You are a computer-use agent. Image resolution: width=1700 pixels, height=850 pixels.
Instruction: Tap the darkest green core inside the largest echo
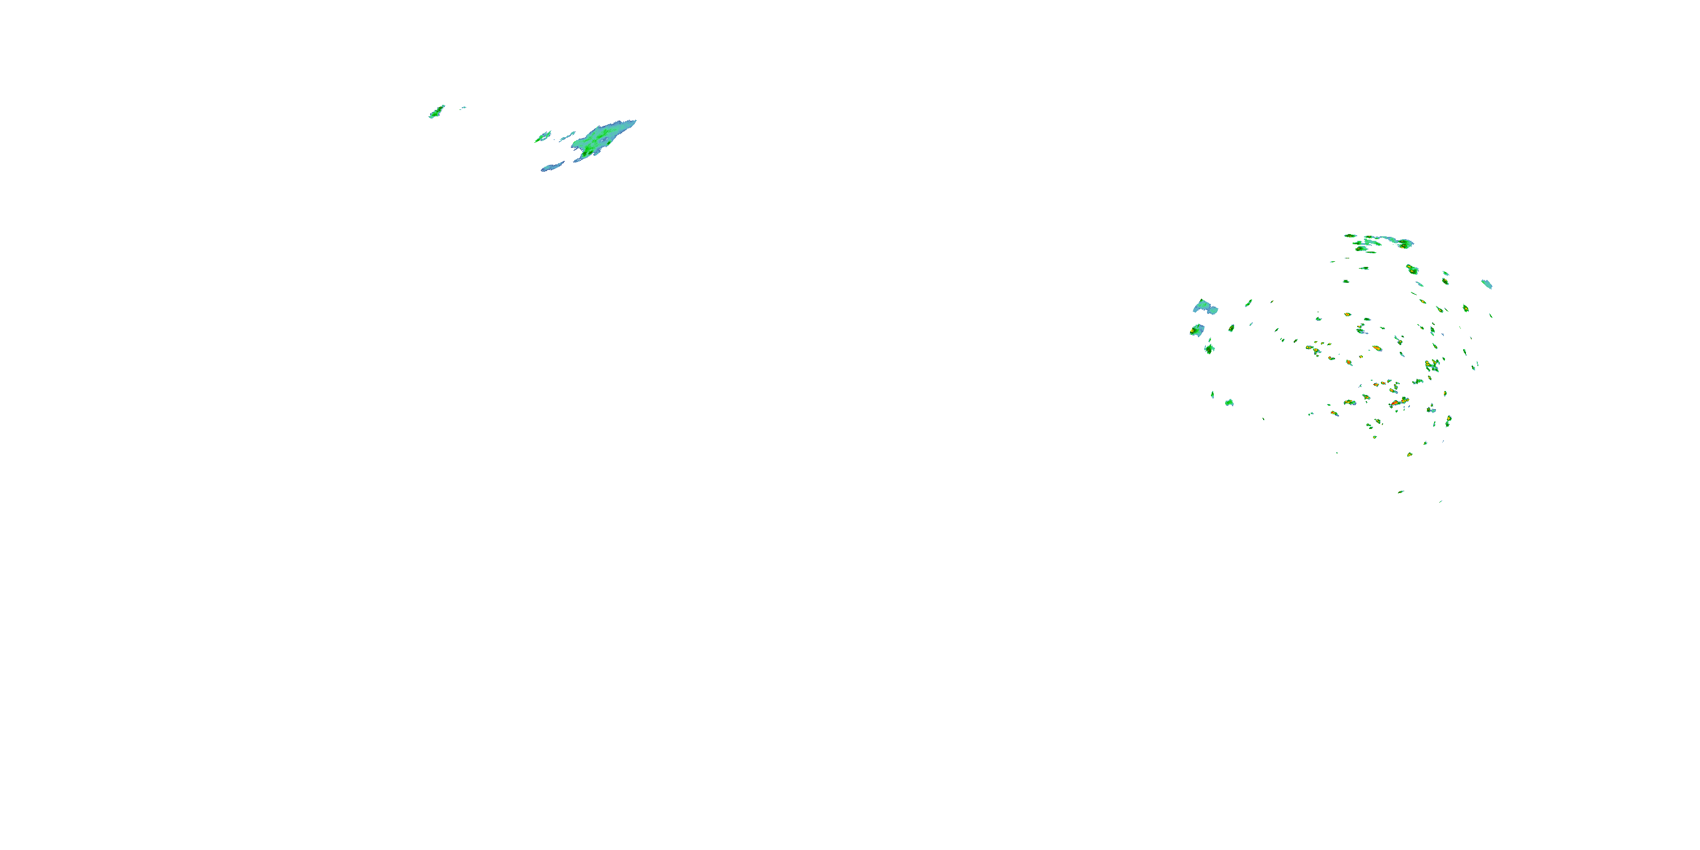click(585, 153)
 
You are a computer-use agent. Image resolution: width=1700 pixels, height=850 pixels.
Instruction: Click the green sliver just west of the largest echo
click(542, 137)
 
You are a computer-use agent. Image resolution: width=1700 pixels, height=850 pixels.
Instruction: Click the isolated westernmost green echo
click(436, 112)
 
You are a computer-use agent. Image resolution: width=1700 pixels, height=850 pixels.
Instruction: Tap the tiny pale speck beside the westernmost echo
click(464, 107)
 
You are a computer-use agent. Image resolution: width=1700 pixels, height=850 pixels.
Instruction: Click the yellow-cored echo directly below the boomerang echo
click(1196, 329)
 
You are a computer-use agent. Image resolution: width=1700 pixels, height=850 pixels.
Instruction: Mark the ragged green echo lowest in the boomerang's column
click(1209, 348)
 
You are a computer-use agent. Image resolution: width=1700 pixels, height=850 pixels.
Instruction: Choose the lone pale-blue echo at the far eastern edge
click(1487, 284)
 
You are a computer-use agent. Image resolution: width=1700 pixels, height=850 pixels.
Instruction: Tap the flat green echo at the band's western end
click(1351, 236)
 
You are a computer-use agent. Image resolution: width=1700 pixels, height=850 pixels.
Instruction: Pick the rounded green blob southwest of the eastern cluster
click(1229, 402)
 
